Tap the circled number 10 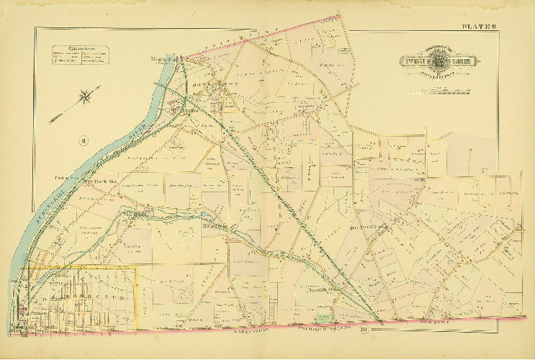click(364, 330)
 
